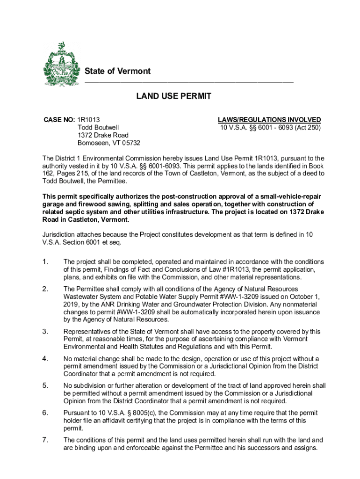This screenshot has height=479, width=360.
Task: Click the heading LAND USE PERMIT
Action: pyautogui.click(x=173, y=96)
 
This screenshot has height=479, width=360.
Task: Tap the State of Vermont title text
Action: pyautogui.click(x=117, y=71)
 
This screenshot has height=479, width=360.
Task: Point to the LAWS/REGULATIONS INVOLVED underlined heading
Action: pyautogui.click(x=269, y=120)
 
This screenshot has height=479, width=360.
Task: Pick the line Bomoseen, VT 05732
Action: pyautogui.click(x=108, y=143)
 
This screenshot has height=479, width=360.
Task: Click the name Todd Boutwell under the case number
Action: pyautogui.click(x=98, y=127)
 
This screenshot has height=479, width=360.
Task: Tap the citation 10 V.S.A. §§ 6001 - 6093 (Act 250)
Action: pyautogui.click(x=270, y=127)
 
